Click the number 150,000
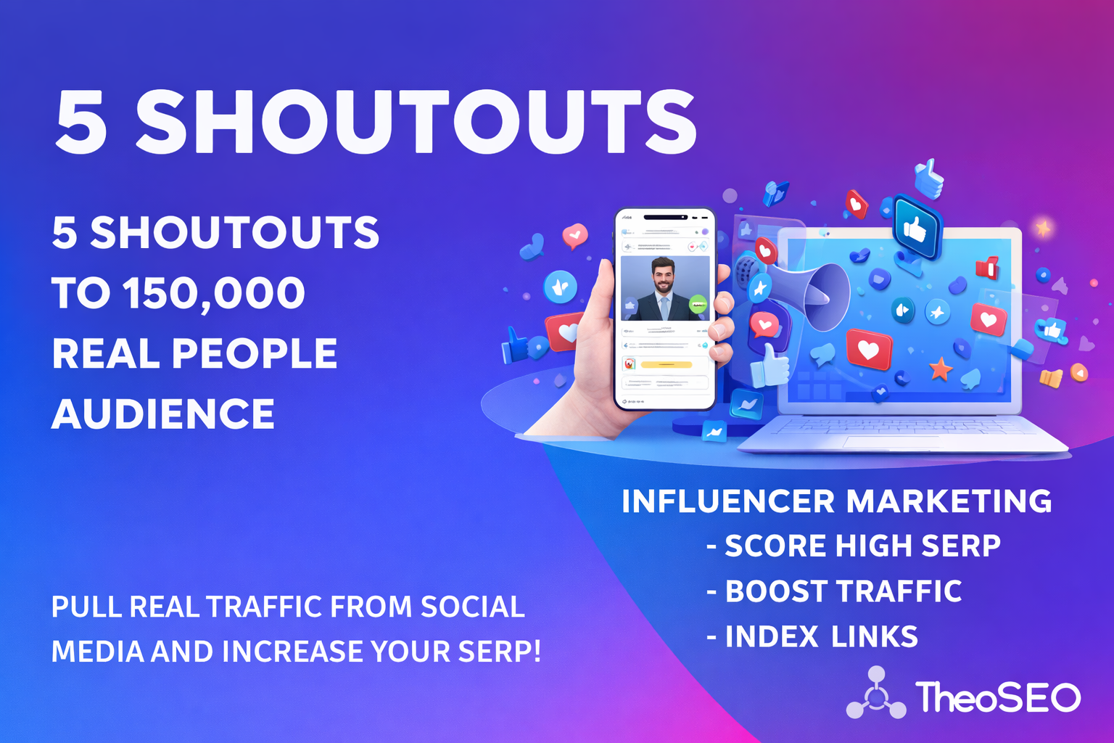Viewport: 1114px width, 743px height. point(214,293)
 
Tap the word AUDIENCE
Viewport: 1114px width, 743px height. point(163,414)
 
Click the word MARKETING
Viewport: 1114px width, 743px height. point(949,501)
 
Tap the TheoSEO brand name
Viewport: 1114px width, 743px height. point(998,697)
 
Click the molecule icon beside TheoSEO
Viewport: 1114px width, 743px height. point(876,694)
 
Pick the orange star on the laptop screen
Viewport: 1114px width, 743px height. point(941,369)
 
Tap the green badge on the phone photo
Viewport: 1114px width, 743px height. point(698,305)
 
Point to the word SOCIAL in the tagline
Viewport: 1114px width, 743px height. point(472,607)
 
